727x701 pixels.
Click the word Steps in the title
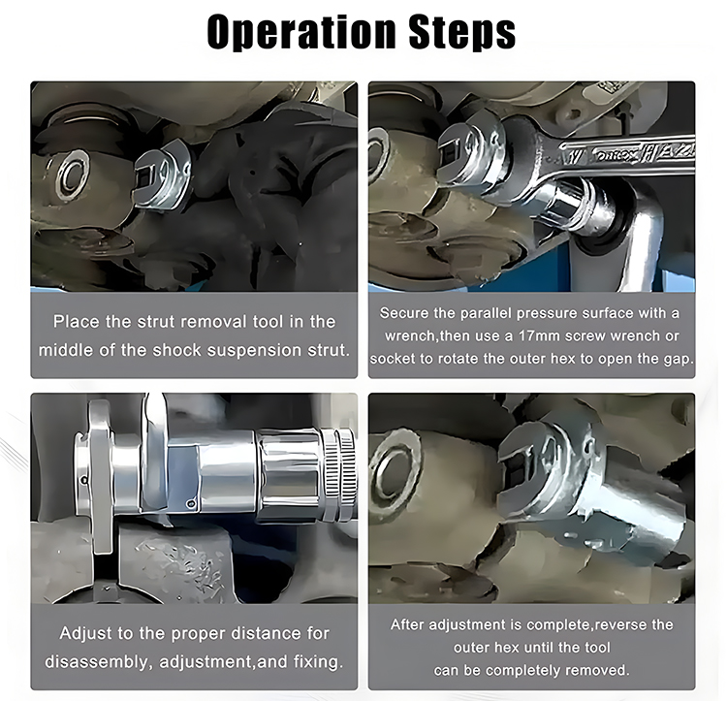pos(462,32)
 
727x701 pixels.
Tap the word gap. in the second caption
pos(679,360)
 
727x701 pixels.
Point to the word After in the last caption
pos(407,624)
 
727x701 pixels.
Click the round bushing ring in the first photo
pos(71,175)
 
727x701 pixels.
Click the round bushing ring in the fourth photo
pos(397,470)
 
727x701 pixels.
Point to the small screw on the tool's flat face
pos(190,503)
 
